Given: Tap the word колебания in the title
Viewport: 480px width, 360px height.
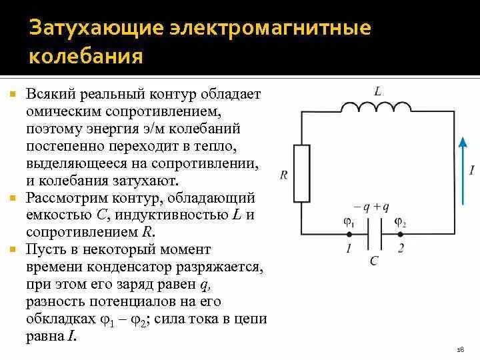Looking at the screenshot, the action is coord(86,56).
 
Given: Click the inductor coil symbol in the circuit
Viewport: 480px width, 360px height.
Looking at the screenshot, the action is coord(376,107).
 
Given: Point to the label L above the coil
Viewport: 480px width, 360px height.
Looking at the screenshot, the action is coord(377,91).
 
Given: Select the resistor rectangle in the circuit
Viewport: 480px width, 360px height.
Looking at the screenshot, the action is coord(302,173).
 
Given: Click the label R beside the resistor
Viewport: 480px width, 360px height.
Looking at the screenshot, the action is coord(284,175).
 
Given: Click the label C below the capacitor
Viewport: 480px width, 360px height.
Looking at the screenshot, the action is coord(374,261).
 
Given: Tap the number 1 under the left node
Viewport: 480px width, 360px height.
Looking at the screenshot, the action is coord(348,249).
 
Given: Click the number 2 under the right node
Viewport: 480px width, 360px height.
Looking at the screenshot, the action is coord(401,249).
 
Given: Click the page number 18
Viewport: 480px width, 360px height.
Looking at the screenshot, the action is coord(460,349).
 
